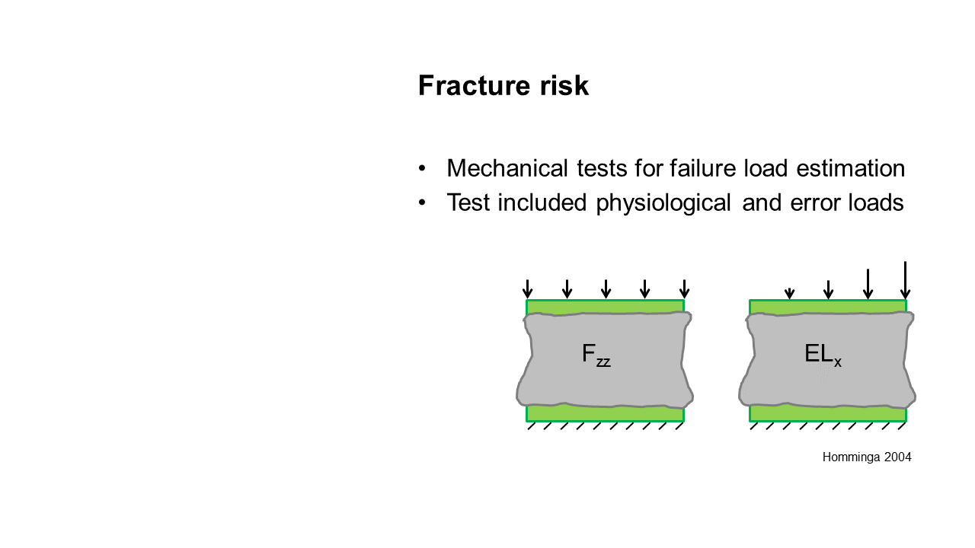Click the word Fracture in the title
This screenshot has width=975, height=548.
474,85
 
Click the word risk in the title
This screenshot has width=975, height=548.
564,85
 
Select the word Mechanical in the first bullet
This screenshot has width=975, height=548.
507,168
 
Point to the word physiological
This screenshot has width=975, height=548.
663,203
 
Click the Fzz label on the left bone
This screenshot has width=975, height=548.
596,355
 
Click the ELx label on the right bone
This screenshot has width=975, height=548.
823,355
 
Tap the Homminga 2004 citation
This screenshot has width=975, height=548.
867,457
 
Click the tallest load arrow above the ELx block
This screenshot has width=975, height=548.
906,281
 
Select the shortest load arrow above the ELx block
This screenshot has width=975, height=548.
790,294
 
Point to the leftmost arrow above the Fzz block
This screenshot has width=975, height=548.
528,289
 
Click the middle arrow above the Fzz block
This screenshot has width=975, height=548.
606,289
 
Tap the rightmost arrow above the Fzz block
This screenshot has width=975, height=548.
684,289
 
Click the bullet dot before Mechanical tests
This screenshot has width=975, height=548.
421,168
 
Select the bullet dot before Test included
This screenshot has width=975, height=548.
421,202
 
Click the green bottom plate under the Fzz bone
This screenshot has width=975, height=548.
605,414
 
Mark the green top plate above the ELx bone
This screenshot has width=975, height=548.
828,306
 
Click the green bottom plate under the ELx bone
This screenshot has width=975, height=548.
828,414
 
